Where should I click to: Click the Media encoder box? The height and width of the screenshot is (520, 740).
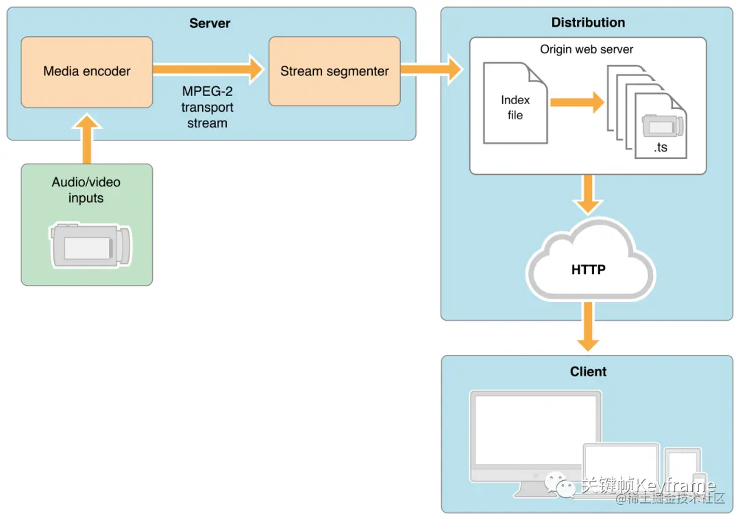(x=86, y=71)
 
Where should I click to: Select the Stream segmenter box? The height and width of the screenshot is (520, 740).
(x=334, y=71)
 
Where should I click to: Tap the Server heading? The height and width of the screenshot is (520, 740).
(x=210, y=23)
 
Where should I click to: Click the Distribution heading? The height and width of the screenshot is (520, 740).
(x=588, y=23)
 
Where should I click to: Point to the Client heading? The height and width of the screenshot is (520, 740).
(x=588, y=371)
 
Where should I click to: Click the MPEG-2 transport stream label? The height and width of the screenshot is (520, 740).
(x=208, y=108)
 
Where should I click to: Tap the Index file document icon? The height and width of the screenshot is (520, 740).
(x=515, y=103)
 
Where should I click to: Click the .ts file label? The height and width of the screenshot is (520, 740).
(x=661, y=147)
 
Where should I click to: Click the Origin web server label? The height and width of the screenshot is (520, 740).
(x=587, y=49)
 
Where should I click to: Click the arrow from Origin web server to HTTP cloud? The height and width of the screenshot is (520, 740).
(x=588, y=195)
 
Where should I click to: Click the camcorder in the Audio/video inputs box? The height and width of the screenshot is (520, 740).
(x=90, y=245)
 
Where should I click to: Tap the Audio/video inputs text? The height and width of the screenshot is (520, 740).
(x=86, y=190)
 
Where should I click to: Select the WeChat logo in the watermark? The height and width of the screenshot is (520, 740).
(x=560, y=484)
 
